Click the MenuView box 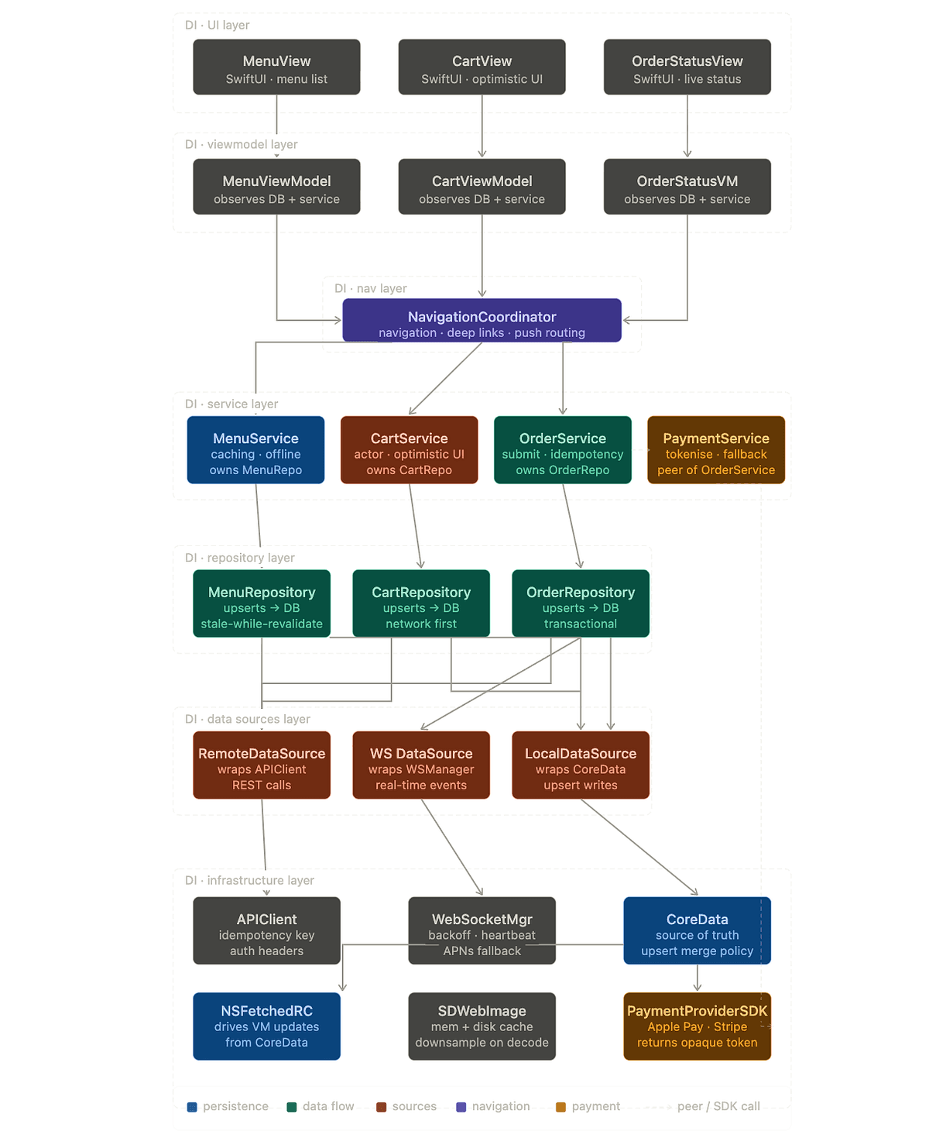[276, 67]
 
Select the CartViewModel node [482, 187]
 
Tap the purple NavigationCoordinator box [482, 320]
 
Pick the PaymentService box [715, 449]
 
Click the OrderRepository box [580, 603]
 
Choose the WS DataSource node [421, 765]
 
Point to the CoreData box [697, 930]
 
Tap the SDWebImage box [482, 1026]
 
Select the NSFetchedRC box [266, 1026]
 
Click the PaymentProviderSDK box [697, 1026]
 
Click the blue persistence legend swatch [192, 1107]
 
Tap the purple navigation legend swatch [461, 1107]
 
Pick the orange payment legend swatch [560, 1107]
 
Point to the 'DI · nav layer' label [370, 288]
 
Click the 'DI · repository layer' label [239, 558]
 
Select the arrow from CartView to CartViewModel [482, 126]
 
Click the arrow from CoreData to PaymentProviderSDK [697, 978]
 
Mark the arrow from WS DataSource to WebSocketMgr [452, 847]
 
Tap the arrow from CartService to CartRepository [415, 526]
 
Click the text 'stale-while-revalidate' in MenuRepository [262, 624]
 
